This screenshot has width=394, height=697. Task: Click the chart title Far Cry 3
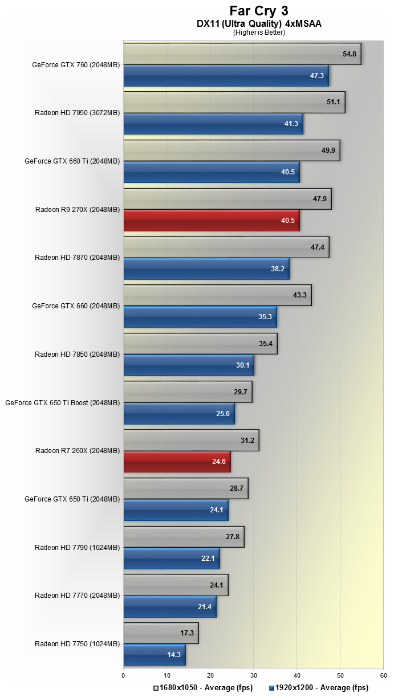259,11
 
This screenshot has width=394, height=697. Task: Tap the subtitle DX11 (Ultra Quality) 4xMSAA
259,24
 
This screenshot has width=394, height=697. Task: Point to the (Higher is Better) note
259,32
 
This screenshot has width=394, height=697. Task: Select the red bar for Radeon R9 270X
211,221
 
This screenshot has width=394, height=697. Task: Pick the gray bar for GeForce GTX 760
242,54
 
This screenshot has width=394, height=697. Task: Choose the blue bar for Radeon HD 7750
154,655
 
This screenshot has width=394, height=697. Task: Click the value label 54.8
349,54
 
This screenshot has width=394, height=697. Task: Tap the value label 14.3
174,655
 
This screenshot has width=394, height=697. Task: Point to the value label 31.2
247,440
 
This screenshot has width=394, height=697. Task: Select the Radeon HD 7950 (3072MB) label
77,113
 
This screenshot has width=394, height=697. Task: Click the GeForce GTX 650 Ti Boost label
62,402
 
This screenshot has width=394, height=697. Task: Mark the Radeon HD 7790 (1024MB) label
77,548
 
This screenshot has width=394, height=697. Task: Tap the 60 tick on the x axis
383,675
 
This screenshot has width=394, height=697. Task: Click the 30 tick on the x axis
253,675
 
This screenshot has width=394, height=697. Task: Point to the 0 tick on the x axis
123,675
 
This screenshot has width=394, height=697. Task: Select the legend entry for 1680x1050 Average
203,688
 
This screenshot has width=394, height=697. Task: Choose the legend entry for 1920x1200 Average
319,688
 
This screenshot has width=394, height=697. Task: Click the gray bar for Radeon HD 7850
200,344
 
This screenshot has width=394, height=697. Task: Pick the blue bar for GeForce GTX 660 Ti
211,172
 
